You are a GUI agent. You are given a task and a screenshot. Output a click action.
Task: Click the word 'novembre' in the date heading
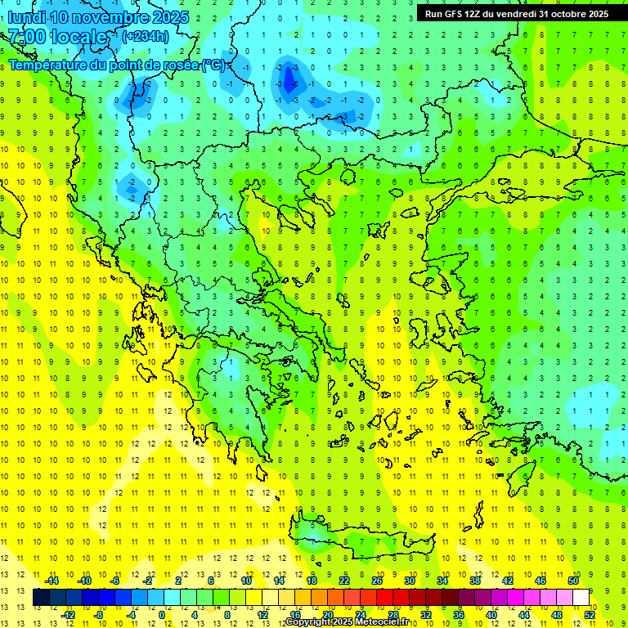tap(110, 17)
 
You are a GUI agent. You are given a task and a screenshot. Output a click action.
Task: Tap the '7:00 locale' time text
tap(57, 37)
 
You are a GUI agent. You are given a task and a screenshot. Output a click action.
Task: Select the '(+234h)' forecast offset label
tap(146, 36)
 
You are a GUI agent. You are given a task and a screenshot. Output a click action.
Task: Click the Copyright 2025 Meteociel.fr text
tap(347, 622)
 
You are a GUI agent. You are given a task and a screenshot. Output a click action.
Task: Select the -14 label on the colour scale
tap(51, 581)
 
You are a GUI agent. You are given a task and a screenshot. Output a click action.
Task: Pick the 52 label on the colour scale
tap(589, 615)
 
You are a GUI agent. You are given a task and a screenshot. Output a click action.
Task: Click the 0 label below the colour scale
tap(161, 615)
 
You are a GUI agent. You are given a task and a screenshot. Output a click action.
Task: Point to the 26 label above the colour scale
tap(377, 581)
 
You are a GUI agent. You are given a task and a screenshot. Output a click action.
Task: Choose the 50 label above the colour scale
tap(573, 581)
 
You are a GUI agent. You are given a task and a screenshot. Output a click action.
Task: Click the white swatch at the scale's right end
tap(581, 598)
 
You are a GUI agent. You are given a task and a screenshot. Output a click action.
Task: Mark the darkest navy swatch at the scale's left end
tap(41, 598)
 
